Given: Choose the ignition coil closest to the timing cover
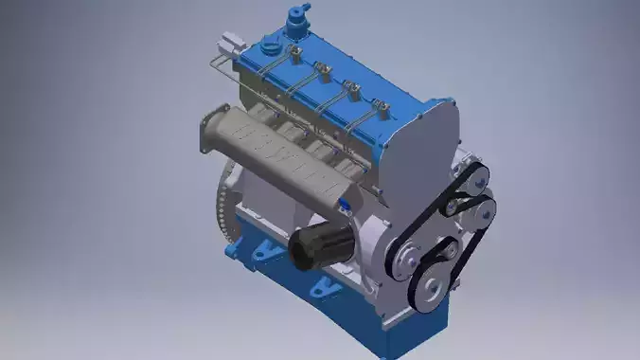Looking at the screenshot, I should tap(380, 108).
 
